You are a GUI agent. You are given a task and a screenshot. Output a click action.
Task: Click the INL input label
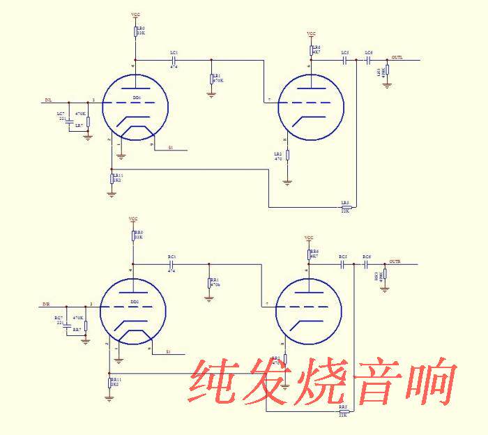click(x=48, y=100)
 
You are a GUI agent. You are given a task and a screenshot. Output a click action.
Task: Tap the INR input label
click(x=46, y=305)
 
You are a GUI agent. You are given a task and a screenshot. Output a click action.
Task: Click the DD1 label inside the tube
click(x=137, y=98)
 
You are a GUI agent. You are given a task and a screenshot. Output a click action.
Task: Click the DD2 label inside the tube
click(x=135, y=302)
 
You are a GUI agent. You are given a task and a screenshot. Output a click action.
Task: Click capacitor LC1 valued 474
click(x=174, y=61)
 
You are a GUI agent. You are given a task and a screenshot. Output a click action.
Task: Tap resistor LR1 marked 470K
click(x=211, y=78)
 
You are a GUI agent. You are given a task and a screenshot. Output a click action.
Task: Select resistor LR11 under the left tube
click(x=112, y=178)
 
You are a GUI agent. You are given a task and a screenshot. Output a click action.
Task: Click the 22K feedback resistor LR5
click(x=344, y=207)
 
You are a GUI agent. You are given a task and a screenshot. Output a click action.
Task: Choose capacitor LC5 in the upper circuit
click(x=344, y=61)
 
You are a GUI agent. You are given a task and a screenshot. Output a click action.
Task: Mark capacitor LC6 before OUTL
click(x=368, y=61)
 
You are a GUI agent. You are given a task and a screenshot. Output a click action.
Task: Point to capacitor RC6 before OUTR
click(x=366, y=265)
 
